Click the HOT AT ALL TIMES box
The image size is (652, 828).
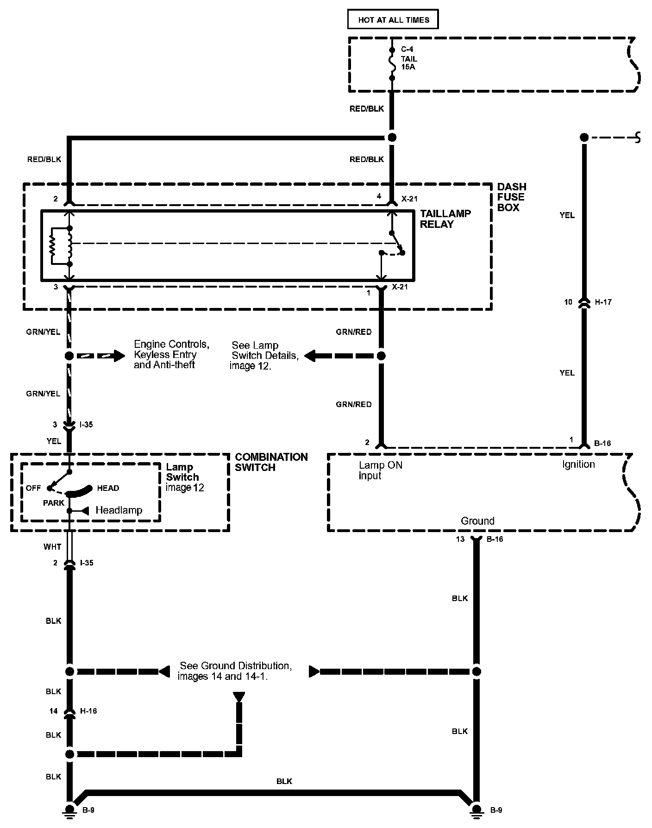pos(393,20)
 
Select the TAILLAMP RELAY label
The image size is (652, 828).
pos(445,219)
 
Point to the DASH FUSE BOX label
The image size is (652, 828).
pos(511,197)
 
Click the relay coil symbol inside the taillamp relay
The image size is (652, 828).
pos(70,246)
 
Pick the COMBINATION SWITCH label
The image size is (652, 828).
pos(271,462)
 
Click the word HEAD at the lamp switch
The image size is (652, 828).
pos(108,488)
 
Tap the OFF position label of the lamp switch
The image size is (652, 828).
pos(33,488)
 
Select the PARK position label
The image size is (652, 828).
pos(53,503)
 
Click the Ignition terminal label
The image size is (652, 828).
pos(578,464)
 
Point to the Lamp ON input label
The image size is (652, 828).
pos(380,470)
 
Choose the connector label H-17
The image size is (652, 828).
pos(603,302)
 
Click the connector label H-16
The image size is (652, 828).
pos(88,711)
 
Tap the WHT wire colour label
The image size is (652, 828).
pos(52,547)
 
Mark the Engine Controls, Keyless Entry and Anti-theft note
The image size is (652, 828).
pos(171,355)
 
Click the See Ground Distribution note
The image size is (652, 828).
pos(235,671)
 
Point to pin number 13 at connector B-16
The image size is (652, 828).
pos(460,539)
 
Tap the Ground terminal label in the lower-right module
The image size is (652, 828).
pos(477,521)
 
